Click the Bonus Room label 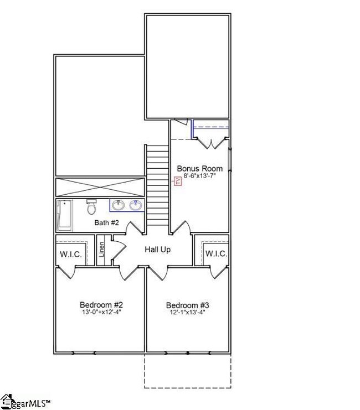tap(200, 168)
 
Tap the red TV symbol tap(178, 181)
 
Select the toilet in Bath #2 tap(91, 206)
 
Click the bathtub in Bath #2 tap(65, 215)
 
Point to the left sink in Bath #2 tap(119, 205)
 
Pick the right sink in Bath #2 tap(136, 205)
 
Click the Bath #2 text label tap(106, 222)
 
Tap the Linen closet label tap(101, 250)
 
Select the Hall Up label tap(158, 250)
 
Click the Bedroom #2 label tap(101, 305)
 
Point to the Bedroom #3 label tap(187, 305)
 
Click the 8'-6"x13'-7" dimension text tap(199, 176)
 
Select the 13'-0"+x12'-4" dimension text tap(101, 312)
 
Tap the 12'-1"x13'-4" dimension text tap(187, 312)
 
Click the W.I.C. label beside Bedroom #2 tap(71, 254)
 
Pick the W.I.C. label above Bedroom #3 tap(216, 253)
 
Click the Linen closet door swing tap(119, 250)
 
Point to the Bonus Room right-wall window tap(230, 159)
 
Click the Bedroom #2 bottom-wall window tap(84, 353)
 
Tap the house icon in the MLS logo tap(7, 401)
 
